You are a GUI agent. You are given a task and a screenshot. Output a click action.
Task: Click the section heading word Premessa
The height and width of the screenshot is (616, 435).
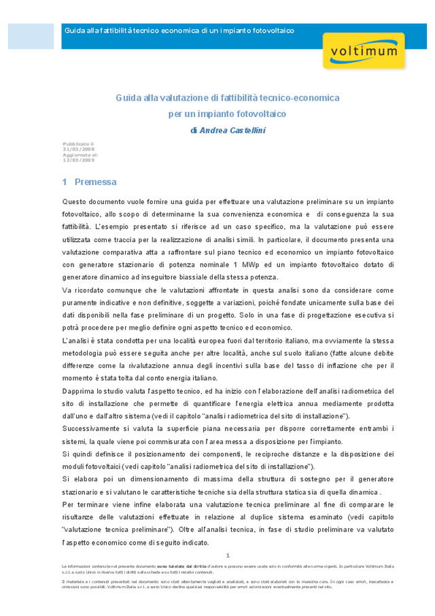click(x=95, y=182)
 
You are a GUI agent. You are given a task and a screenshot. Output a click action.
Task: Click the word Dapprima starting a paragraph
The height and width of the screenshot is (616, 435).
click(x=79, y=390)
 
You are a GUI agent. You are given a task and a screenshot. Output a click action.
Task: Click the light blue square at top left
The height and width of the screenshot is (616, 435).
click(x=31, y=35)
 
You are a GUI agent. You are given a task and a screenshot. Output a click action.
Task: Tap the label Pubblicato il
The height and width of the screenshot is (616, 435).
click(x=78, y=144)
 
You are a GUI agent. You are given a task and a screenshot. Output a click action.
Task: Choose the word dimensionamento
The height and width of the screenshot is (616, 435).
click(x=143, y=479)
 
